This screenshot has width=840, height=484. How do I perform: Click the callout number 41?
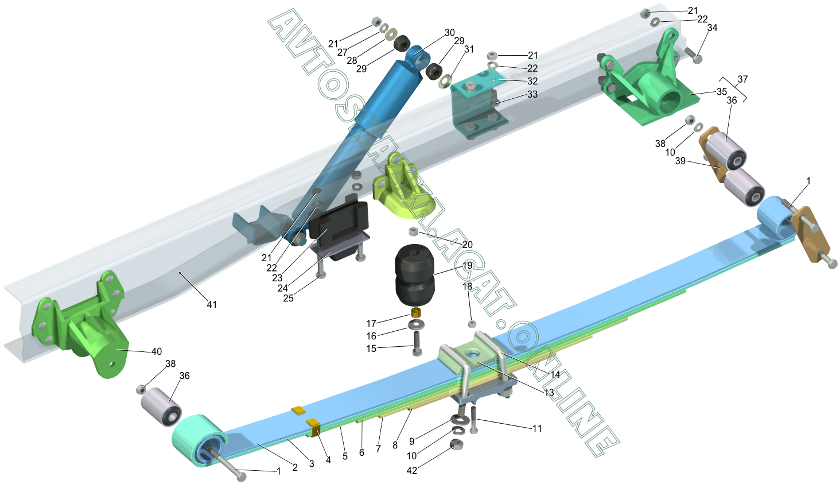[212, 305]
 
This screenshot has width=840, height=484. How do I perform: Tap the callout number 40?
[157, 351]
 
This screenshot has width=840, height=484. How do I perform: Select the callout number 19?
[467, 266]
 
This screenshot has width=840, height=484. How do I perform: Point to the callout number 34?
[712, 28]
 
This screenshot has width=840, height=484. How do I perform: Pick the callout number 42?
[412, 470]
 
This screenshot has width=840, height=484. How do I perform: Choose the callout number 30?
[450, 33]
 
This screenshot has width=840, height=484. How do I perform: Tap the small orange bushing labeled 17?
[416, 312]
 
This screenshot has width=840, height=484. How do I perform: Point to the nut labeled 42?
[456, 445]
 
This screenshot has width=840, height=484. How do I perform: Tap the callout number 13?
[549, 393]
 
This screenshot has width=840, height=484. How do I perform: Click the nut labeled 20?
[413, 231]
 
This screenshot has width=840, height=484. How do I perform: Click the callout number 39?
[680, 161]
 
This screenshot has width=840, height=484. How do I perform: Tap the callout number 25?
[289, 298]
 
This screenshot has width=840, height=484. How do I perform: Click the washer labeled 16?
[416, 324]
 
